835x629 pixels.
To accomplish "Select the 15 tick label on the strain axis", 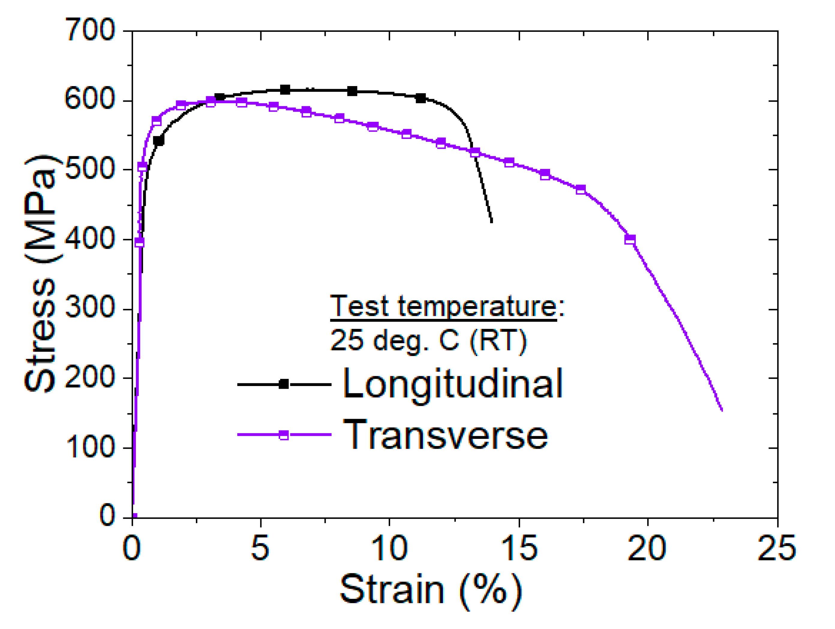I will pyautogui.click(x=519, y=548).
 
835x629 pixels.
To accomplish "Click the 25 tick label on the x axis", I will pyautogui.click(x=777, y=548).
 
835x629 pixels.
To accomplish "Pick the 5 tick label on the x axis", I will pyautogui.click(x=260, y=548).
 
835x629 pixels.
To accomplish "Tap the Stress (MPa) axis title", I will pyautogui.click(x=40, y=274).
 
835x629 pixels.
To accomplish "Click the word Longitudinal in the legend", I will pyautogui.click(x=452, y=384).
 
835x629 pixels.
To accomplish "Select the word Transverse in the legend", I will pyautogui.click(x=445, y=435).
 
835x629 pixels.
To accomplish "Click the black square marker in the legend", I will pyautogui.click(x=284, y=384).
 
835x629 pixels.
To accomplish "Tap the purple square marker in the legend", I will pyautogui.click(x=284, y=435).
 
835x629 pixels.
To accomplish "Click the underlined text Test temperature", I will pyautogui.click(x=444, y=307).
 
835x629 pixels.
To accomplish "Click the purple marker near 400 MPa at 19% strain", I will pyautogui.click(x=630, y=239).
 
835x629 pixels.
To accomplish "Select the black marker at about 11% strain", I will pyautogui.click(x=420, y=98).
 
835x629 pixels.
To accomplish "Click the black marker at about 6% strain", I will pyautogui.click(x=285, y=90).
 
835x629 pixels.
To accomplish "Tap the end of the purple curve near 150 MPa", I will pyautogui.click(x=722, y=410).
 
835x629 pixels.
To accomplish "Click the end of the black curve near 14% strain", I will pyautogui.click(x=492, y=222).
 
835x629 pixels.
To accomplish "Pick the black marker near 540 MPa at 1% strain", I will pyautogui.click(x=159, y=141).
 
